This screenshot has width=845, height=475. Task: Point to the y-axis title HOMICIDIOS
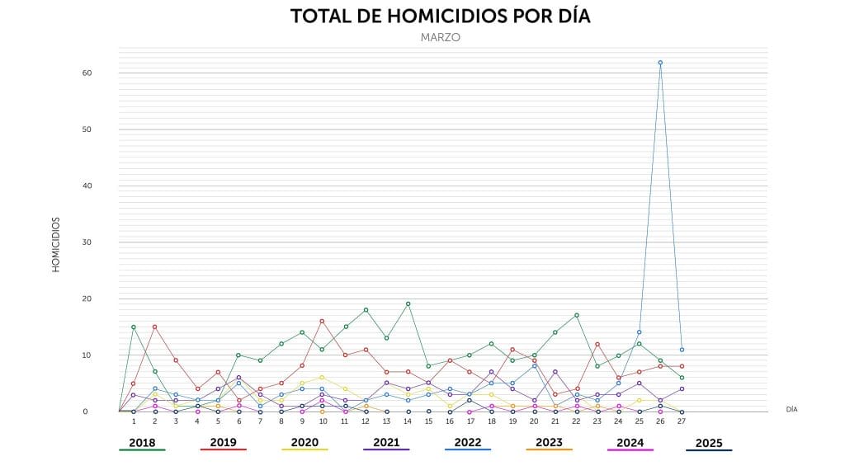[56, 245]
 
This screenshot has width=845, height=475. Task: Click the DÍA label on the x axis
[791, 409]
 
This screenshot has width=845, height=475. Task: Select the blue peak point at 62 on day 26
[660, 63]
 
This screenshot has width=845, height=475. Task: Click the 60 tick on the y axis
[86, 73]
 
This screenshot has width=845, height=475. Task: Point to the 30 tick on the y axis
[86, 242]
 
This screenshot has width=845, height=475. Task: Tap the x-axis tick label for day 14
[408, 421]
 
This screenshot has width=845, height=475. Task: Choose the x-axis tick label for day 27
[682, 421]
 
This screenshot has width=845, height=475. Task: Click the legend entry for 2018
[142, 443]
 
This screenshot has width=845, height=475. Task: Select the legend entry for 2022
[468, 443]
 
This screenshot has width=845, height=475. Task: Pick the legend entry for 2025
[709, 443]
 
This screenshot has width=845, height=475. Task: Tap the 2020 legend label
[304, 443]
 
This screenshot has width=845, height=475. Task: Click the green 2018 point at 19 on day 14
[408, 303]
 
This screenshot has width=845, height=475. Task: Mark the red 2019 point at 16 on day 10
[322, 321]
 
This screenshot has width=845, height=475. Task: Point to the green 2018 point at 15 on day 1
[134, 327]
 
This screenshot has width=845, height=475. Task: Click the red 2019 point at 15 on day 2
[154, 327]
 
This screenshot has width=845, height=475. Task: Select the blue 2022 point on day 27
[682, 350]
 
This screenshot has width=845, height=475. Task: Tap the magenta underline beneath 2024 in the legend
[630, 450]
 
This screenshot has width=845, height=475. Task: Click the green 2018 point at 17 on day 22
[576, 315]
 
